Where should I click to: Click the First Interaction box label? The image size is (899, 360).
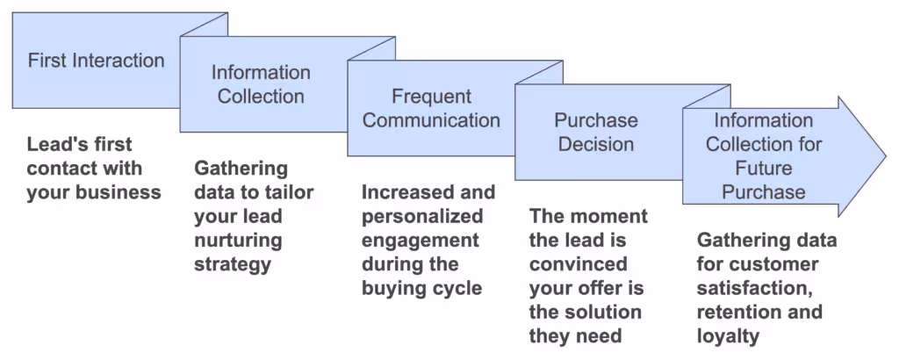[96, 61]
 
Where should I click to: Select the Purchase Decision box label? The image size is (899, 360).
[596, 132]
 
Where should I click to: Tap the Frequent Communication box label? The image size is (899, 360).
[431, 108]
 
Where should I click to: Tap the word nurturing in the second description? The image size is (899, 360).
[239, 240]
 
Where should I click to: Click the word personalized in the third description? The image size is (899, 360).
[422, 216]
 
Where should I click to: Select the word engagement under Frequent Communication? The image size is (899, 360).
[421, 240]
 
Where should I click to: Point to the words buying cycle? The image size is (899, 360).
[422, 287]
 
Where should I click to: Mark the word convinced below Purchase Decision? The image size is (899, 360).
[578, 263]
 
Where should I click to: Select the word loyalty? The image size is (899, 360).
[728, 335]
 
